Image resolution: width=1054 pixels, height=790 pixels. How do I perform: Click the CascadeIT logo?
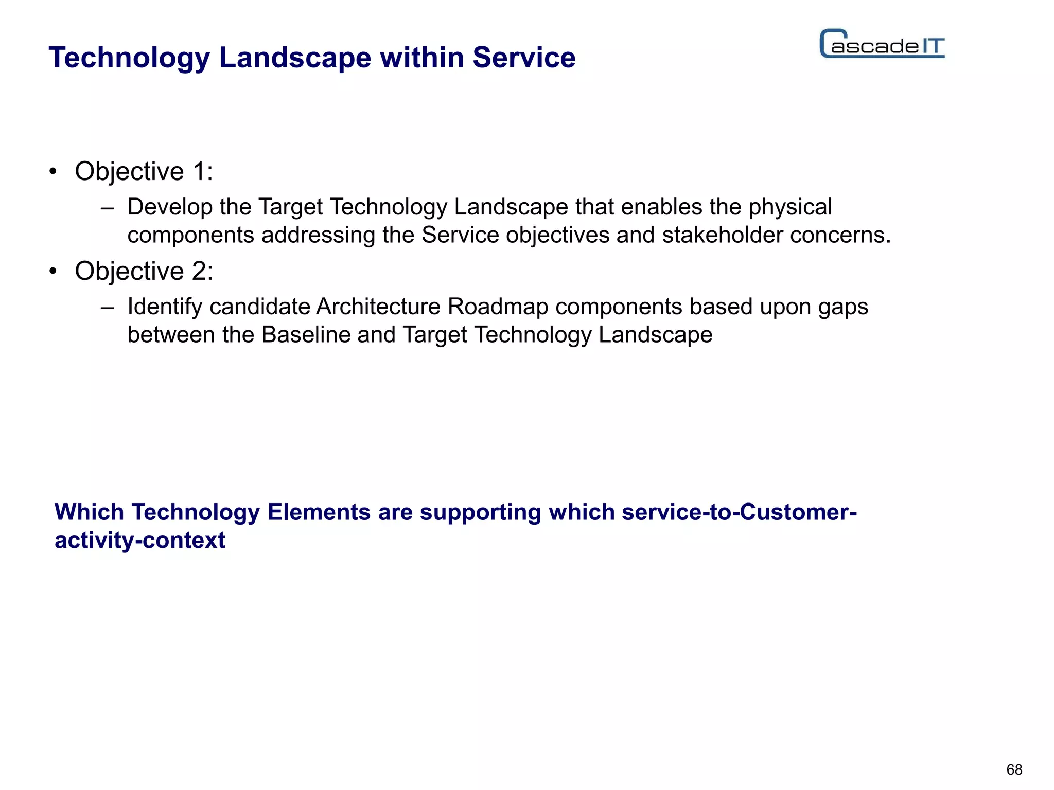882,44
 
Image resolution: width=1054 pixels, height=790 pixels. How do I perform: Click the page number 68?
1014,769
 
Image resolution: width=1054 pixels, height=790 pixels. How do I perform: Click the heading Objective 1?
144,171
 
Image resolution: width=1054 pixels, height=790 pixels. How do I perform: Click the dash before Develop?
107,208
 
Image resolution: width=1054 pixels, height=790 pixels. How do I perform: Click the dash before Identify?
107,308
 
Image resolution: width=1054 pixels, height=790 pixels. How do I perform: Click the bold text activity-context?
140,541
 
